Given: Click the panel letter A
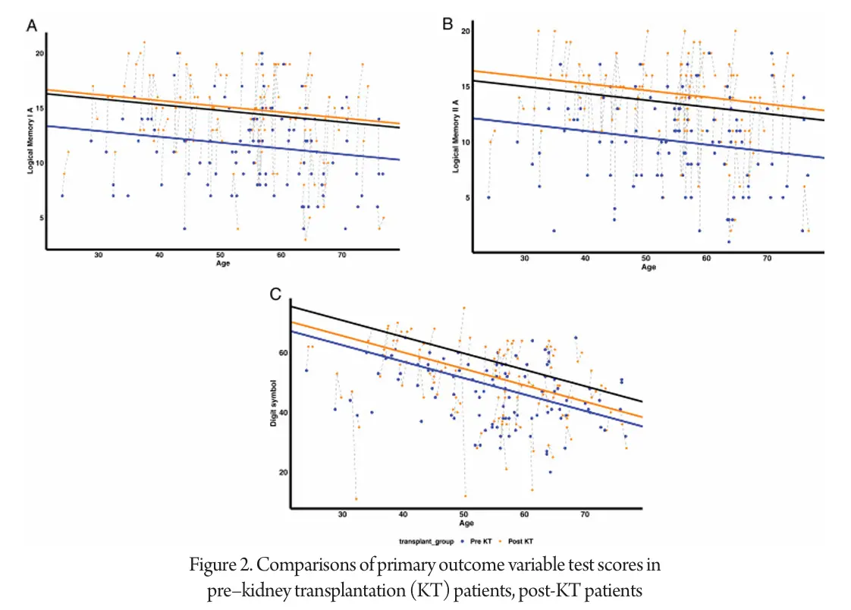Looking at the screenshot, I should [33, 27].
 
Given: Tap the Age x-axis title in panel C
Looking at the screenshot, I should [467, 524].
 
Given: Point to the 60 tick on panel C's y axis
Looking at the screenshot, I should [281, 353].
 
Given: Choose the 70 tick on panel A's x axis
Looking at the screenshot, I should [341, 255].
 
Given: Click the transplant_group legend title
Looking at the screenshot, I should [426, 542].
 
